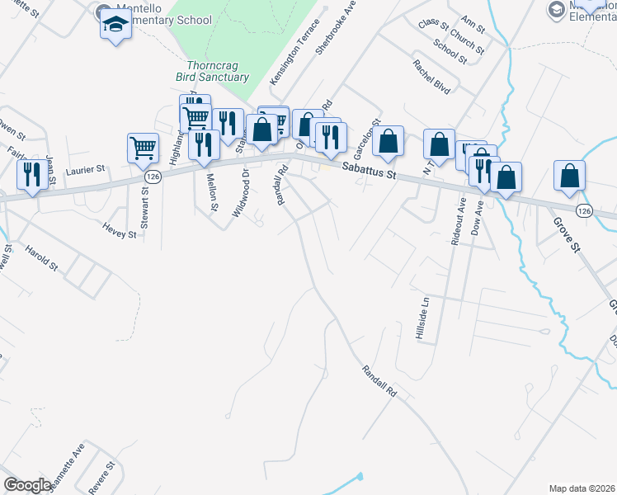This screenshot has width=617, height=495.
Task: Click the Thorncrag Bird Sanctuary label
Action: tap(212, 71)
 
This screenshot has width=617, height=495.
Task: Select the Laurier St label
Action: tap(85, 169)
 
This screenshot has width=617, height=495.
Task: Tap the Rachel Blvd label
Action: tap(432, 75)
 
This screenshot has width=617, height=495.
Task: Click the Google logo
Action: tap(27, 485)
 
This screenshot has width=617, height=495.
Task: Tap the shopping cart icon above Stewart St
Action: tap(143, 148)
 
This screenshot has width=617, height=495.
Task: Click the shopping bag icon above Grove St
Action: tap(569, 176)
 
